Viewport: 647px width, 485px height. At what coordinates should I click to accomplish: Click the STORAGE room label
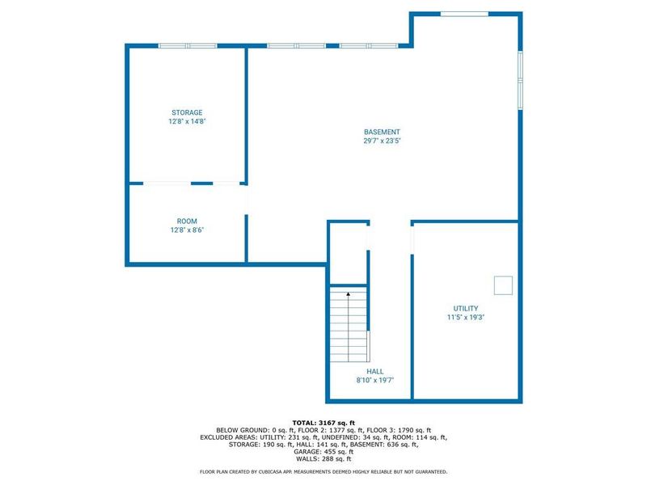[186, 112]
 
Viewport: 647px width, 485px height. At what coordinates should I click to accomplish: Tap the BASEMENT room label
[382, 132]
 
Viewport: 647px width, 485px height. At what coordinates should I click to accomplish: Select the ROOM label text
[187, 221]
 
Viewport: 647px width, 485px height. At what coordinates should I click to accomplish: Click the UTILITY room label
[465, 308]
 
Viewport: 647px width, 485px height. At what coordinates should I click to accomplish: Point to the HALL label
[374, 371]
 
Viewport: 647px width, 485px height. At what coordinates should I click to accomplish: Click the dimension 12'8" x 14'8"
[186, 121]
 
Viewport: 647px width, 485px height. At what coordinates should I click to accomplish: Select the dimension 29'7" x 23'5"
[382, 141]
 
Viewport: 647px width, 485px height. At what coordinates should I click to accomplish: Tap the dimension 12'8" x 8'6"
[187, 230]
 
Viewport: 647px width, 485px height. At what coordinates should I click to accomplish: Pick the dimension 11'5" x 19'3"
[465, 317]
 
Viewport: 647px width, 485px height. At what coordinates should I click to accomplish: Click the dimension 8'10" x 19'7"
[374, 380]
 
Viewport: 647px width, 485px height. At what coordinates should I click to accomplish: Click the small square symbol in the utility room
[503, 285]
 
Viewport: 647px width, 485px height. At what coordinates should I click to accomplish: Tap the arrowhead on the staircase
[348, 294]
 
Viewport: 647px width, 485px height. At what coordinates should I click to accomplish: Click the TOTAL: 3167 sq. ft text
[323, 422]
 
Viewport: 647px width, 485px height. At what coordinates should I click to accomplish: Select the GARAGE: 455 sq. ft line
[323, 451]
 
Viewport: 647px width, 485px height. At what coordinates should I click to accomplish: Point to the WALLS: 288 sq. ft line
[323, 458]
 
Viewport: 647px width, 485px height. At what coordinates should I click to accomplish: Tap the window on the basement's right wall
[520, 78]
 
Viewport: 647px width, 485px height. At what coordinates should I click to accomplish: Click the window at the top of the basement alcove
[464, 13]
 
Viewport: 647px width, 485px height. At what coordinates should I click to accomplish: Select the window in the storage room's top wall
[188, 45]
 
